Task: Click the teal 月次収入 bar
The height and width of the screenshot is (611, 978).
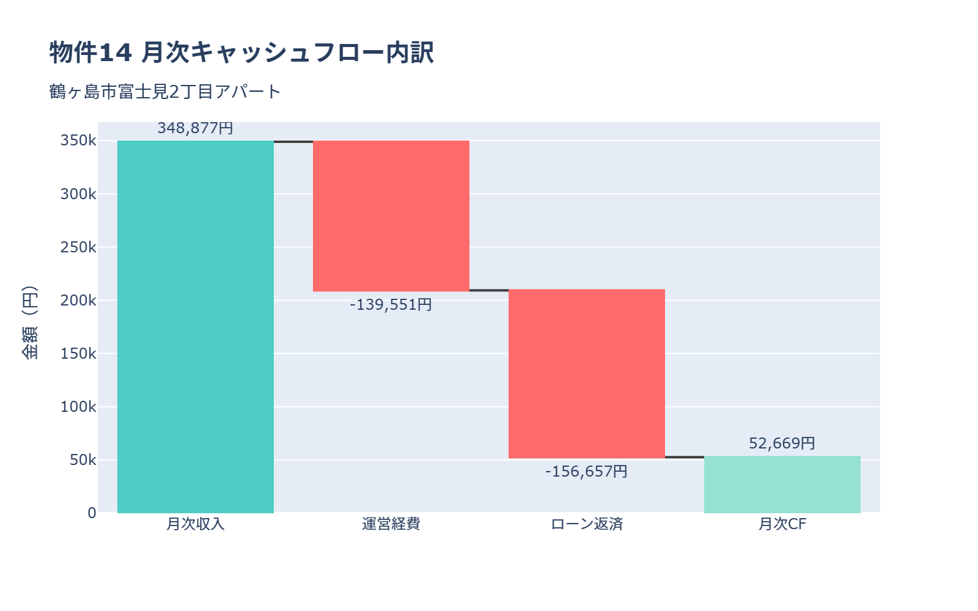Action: tap(196, 327)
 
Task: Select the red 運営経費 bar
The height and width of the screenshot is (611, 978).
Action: tap(391, 216)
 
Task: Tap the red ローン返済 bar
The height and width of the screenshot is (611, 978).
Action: tap(587, 374)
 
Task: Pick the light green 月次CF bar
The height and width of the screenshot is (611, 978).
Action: tap(782, 485)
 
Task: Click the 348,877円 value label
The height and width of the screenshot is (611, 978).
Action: tap(196, 128)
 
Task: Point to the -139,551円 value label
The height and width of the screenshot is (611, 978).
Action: tap(391, 304)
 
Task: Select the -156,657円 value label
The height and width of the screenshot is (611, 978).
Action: tap(587, 471)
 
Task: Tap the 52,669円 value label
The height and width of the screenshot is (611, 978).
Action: tap(782, 443)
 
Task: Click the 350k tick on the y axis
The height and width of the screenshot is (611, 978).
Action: tap(78, 141)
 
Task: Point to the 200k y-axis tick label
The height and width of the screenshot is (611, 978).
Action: tap(78, 300)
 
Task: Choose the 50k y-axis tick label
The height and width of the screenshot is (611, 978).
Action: tap(83, 459)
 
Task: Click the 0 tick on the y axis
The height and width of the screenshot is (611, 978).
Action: tap(92, 513)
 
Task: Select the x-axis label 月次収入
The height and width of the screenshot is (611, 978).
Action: tap(196, 524)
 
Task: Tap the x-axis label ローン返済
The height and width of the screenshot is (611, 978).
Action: tap(587, 524)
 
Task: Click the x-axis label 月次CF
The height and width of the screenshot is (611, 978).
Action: tap(782, 524)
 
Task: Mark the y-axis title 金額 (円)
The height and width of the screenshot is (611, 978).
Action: tap(29, 322)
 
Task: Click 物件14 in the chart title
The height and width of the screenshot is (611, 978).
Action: tap(90, 53)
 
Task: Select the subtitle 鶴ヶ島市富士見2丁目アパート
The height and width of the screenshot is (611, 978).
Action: tap(165, 92)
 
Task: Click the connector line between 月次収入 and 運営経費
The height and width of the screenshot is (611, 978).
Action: tap(293, 142)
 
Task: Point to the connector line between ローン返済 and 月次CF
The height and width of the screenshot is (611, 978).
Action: tap(685, 456)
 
